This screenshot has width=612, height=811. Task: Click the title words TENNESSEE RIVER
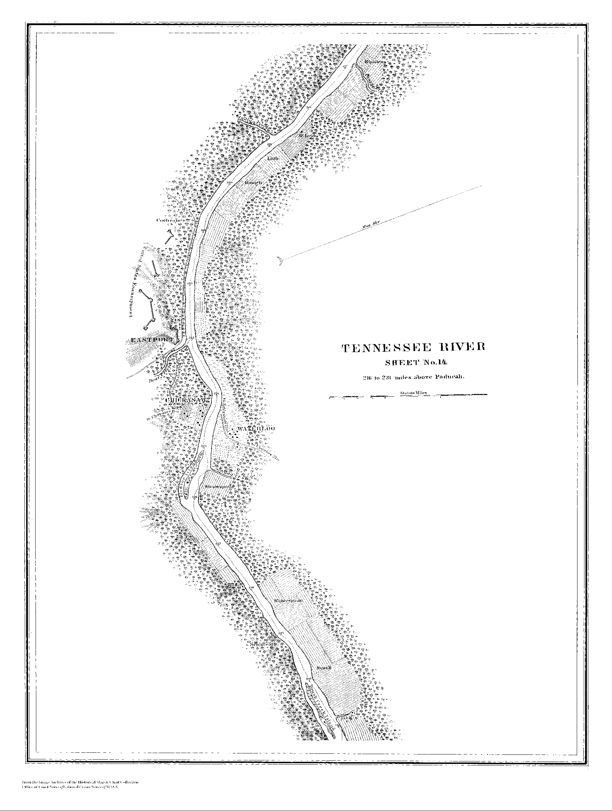(x=413, y=348)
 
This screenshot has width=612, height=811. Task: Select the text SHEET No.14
(x=416, y=363)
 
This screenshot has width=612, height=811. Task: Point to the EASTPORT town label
(x=151, y=341)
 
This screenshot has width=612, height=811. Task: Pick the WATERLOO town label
(x=256, y=429)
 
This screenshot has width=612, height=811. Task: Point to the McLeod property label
(x=307, y=135)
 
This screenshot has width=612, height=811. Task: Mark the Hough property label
(x=253, y=182)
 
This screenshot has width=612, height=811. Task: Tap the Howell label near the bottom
(x=324, y=668)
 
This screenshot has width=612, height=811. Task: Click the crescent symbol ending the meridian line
(x=281, y=261)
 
